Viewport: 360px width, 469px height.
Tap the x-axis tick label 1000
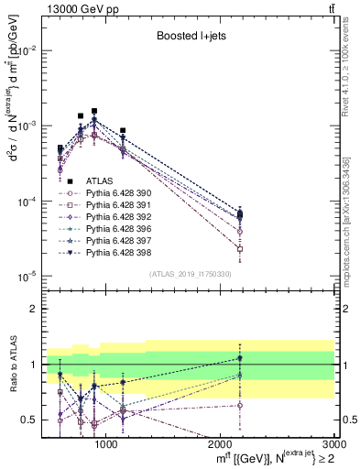point(106,444)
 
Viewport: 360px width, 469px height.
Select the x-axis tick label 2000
point(222,444)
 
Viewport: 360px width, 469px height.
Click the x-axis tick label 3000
point(336,444)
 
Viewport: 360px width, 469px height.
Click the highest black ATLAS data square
point(93,111)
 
